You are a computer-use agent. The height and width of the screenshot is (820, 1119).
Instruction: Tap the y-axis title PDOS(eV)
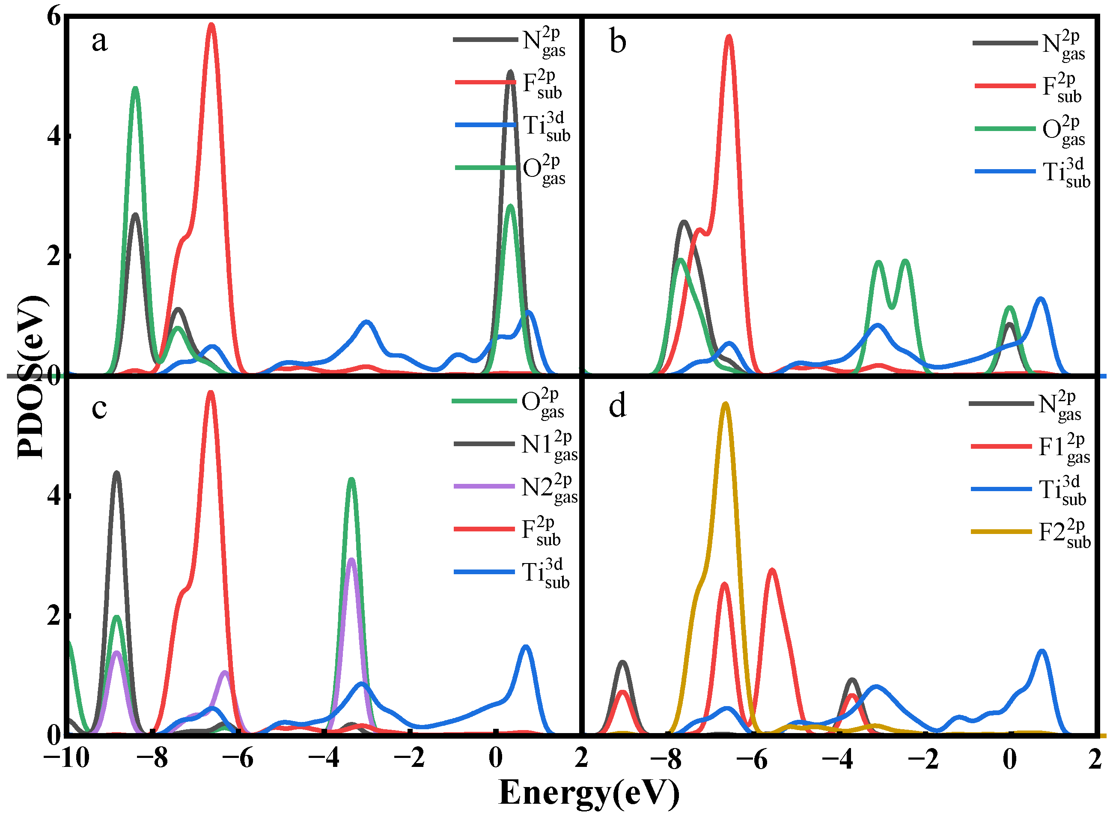tap(31, 377)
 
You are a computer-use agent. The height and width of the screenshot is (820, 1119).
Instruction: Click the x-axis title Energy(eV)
tap(589, 793)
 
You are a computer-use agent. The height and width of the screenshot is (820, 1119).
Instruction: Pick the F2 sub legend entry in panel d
tap(1032, 533)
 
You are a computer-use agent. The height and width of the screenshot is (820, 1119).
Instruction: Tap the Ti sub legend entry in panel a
tap(514, 125)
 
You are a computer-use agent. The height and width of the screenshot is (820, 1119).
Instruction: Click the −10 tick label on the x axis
tap(66, 759)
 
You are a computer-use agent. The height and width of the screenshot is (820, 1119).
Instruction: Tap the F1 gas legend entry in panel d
tap(1032, 447)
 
